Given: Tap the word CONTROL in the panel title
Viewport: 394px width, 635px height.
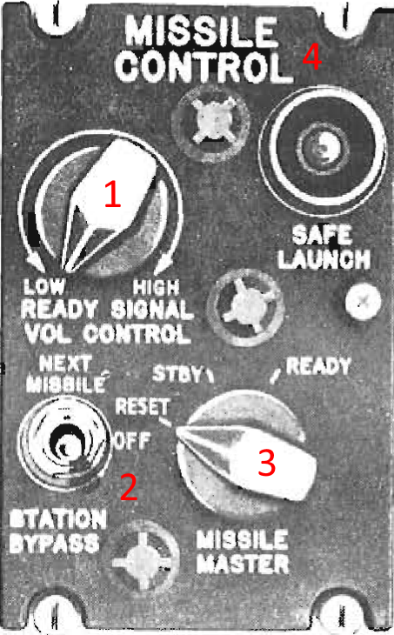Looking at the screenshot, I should tap(203, 65).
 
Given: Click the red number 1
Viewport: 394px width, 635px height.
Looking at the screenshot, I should tap(110, 196).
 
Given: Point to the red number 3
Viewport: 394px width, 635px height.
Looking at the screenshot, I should tap(267, 464).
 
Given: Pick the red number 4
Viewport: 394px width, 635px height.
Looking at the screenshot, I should tap(311, 57).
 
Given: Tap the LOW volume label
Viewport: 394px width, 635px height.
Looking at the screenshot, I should tap(41, 288).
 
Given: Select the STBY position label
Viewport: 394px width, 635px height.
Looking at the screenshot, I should tap(179, 374).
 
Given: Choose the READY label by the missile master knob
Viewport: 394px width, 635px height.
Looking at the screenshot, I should tap(318, 367).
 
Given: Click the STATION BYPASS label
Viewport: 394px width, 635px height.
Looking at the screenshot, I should tap(57, 531).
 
